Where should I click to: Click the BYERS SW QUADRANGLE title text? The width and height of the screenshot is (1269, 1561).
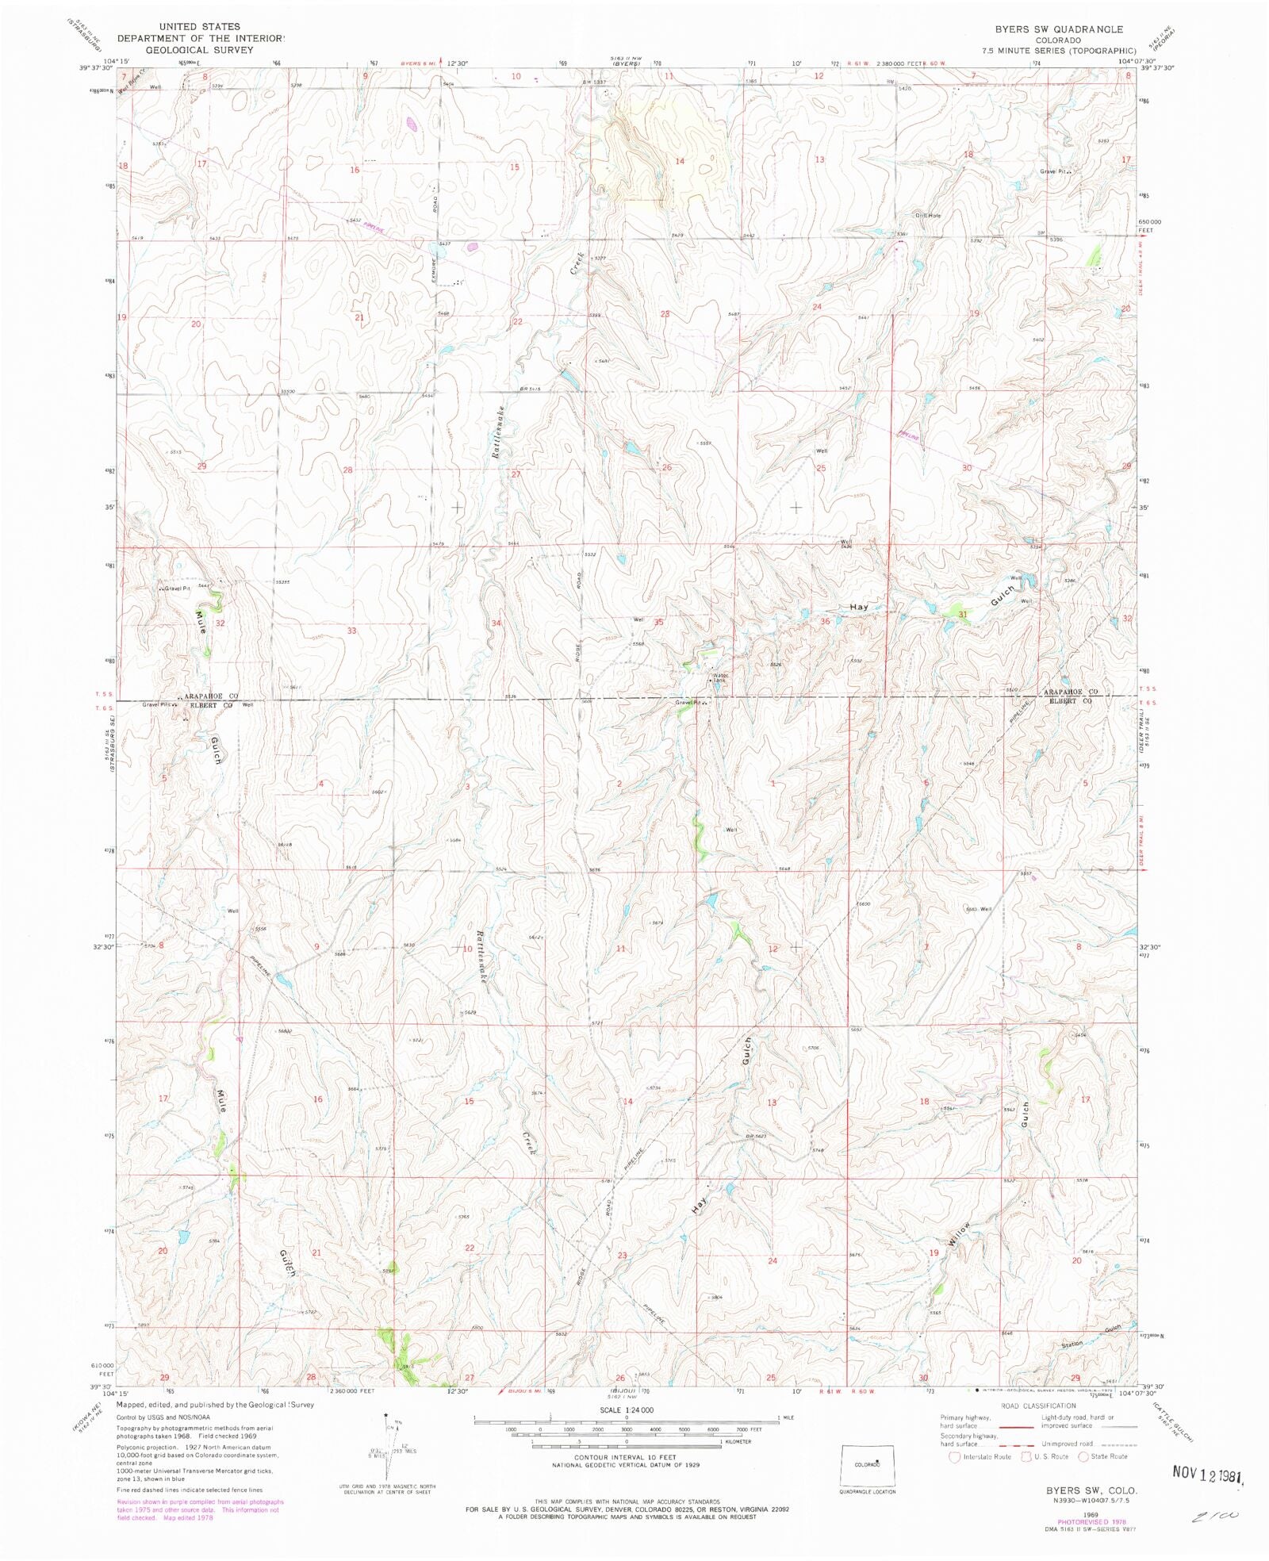click(x=1059, y=29)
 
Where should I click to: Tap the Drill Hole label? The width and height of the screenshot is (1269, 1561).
click(x=927, y=216)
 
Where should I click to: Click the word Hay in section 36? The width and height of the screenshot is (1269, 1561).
click(x=859, y=607)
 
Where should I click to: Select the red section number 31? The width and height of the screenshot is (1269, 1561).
click(x=963, y=614)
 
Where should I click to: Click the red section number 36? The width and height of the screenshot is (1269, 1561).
click(x=825, y=621)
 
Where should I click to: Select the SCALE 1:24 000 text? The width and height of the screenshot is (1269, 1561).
click(x=627, y=1410)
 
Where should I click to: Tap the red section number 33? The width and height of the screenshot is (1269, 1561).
click(x=351, y=631)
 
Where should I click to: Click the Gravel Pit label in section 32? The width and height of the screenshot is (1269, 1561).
click(x=176, y=589)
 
